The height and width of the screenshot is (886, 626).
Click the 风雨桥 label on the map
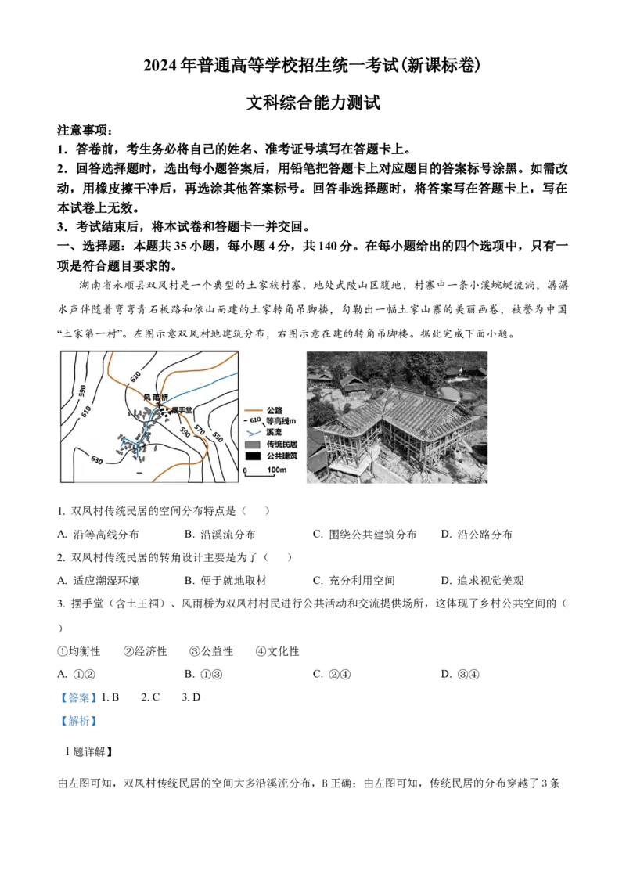155,397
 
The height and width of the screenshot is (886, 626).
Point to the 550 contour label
218,438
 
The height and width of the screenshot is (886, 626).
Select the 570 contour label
201,430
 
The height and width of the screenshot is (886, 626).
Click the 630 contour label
98,459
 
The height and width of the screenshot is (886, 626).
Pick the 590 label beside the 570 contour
185,432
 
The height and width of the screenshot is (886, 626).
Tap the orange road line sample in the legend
252,410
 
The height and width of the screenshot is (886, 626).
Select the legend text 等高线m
282,420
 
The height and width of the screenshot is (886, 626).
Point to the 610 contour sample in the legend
254,420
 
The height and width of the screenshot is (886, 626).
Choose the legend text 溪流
274,432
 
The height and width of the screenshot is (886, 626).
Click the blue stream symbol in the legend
252,432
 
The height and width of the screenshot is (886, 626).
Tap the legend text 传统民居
282,445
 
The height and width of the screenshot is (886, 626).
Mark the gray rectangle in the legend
252,445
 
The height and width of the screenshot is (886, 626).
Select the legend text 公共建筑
282,456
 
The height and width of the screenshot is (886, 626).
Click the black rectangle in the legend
252,456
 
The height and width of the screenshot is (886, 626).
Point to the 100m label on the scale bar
277,470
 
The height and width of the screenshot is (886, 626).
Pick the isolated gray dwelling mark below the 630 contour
139,473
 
